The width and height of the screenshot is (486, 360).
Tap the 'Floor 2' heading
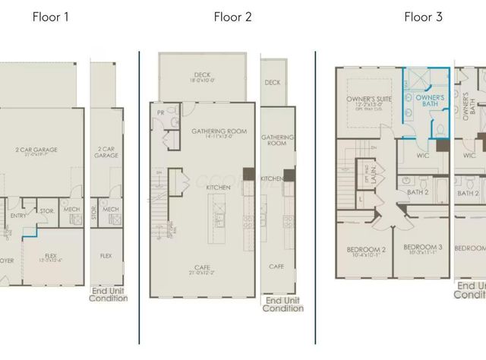232,16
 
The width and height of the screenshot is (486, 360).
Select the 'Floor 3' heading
423,16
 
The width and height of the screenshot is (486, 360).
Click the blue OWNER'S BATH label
429,99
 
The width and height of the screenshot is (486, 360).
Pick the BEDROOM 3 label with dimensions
422,250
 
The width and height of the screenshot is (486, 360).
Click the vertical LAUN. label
374,176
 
